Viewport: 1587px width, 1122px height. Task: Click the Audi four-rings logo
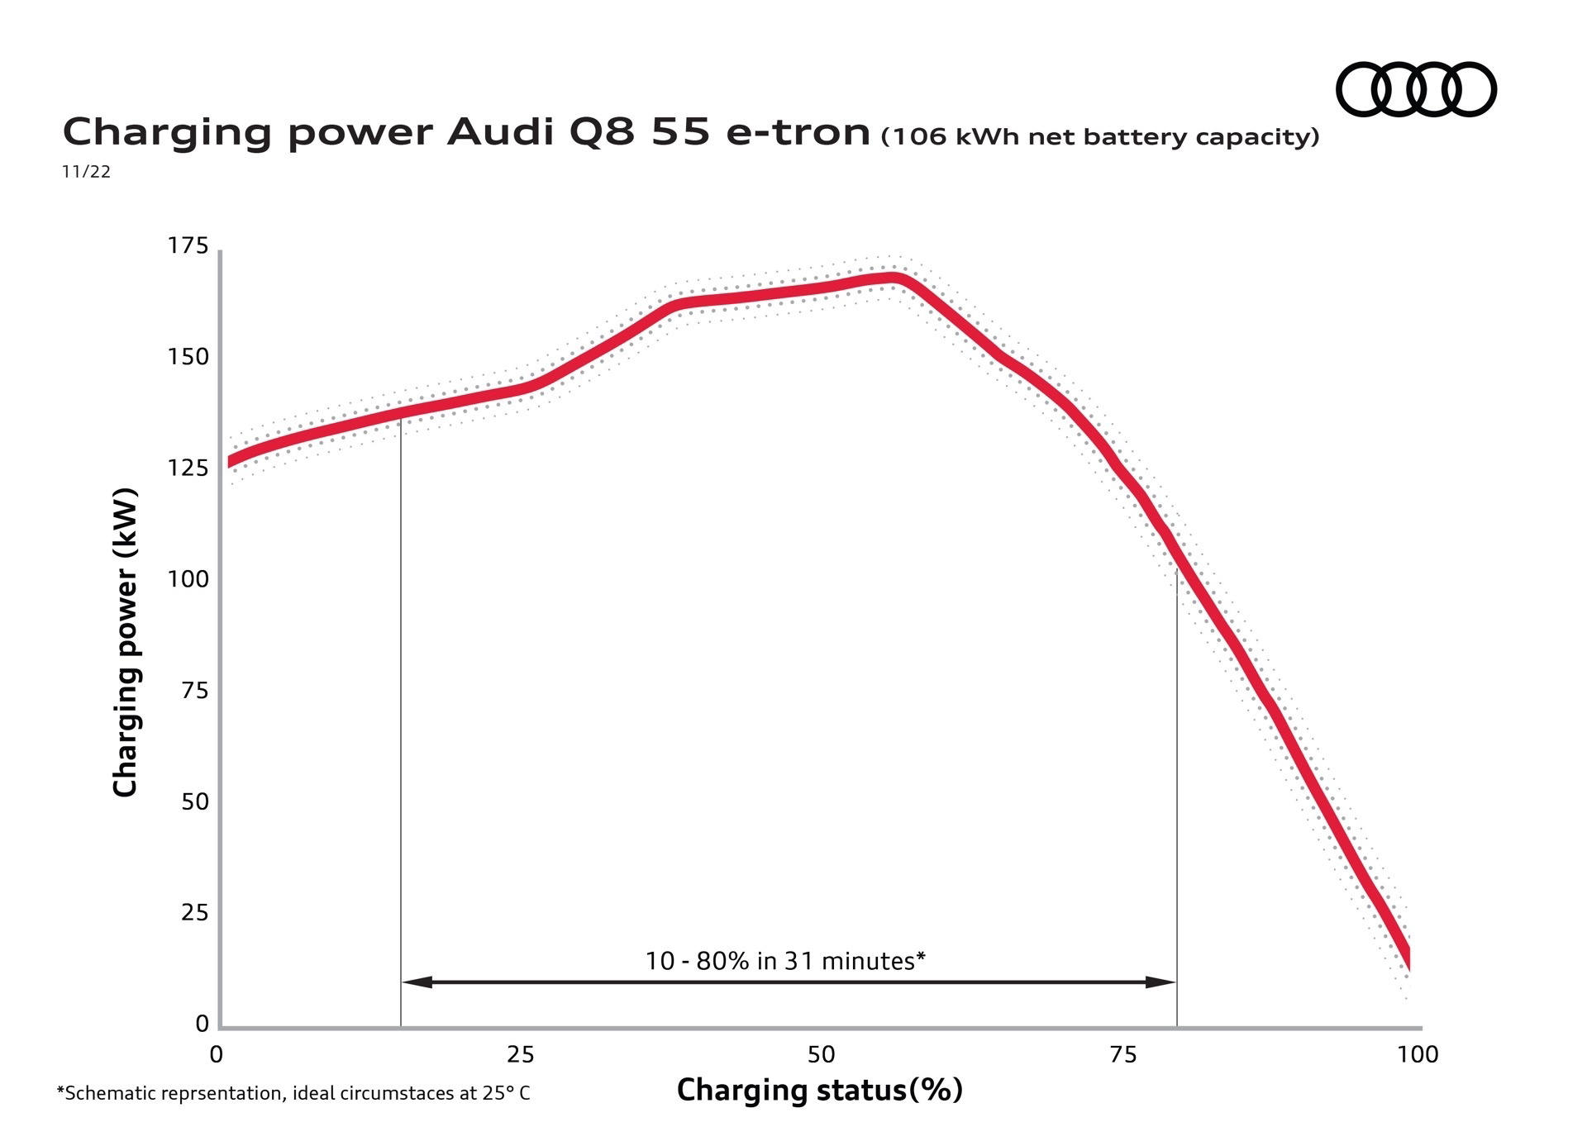(1416, 89)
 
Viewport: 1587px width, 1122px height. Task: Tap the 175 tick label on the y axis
(188, 246)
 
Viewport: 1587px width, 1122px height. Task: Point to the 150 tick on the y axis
(188, 357)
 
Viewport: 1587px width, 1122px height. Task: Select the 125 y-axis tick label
(188, 468)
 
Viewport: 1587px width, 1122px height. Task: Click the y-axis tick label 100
(188, 579)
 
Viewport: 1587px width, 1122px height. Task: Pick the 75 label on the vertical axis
(194, 691)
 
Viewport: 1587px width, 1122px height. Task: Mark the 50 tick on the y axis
(194, 801)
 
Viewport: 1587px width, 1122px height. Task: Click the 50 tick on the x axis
(821, 1055)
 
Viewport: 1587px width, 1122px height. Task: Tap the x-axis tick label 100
(1418, 1055)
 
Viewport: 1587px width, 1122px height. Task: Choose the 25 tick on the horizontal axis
(520, 1055)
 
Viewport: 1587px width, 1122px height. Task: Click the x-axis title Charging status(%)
(820, 1091)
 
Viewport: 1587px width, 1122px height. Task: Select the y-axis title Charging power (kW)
(125, 643)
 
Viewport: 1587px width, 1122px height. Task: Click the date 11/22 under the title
(86, 172)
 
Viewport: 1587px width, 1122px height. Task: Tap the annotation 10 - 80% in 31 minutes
(784, 961)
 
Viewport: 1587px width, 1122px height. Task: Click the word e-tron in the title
(798, 132)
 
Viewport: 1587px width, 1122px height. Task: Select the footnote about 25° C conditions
(293, 1094)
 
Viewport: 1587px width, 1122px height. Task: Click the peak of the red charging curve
(890, 278)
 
